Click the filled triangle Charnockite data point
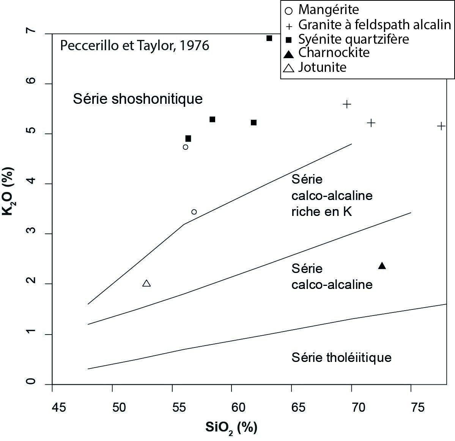click(x=382, y=266)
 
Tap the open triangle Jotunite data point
click(x=146, y=283)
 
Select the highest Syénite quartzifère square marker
click(x=269, y=38)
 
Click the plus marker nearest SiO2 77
click(x=441, y=126)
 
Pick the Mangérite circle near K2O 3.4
click(x=194, y=212)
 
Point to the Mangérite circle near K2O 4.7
click(x=185, y=147)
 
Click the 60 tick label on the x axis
click(x=238, y=408)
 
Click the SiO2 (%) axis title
click(x=231, y=428)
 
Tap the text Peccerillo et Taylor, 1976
click(x=135, y=46)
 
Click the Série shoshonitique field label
click(x=138, y=99)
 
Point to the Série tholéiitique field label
click(x=341, y=357)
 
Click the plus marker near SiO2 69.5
click(x=347, y=104)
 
